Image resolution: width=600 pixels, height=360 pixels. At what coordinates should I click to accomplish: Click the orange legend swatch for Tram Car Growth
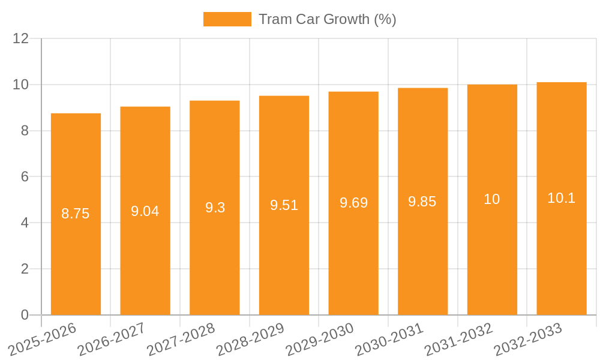pos(227,19)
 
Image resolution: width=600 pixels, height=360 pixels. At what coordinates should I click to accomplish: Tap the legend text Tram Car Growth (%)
pos(327,19)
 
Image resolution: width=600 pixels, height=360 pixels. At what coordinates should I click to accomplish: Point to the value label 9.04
pos(145,211)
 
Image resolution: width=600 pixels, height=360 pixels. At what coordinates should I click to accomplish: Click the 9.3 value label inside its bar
pos(215,208)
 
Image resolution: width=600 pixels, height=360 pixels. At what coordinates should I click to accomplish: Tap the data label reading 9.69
pos(353,203)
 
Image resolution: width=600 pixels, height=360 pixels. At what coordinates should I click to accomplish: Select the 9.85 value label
pos(422,202)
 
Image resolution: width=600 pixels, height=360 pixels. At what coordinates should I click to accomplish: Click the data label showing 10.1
pos(562,198)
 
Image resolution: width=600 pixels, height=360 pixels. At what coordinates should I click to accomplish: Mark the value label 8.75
pos(76,214)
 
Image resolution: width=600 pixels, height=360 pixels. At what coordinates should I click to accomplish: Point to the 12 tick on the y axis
pos(20,38)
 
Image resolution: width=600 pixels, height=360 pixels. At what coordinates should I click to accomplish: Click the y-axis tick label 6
pos(25,177)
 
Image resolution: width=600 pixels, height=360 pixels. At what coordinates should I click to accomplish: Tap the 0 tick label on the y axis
pos(25,315)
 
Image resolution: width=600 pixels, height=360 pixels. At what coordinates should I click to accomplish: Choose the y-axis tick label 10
pos(20,85)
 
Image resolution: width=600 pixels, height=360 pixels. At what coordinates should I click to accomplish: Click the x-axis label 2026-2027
pos(111,340)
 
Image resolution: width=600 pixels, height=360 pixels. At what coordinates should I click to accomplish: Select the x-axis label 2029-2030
pos(319,340)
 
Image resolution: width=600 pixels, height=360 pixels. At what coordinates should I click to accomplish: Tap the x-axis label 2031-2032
pos(458,340)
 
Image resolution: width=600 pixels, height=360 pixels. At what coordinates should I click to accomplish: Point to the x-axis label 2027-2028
pos(181,340)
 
